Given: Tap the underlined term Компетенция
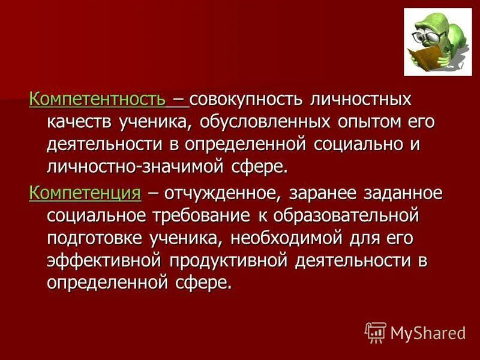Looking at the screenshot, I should [85, 193].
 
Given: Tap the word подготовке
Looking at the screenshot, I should [94, 238].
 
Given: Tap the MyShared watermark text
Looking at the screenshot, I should [428, 332].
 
